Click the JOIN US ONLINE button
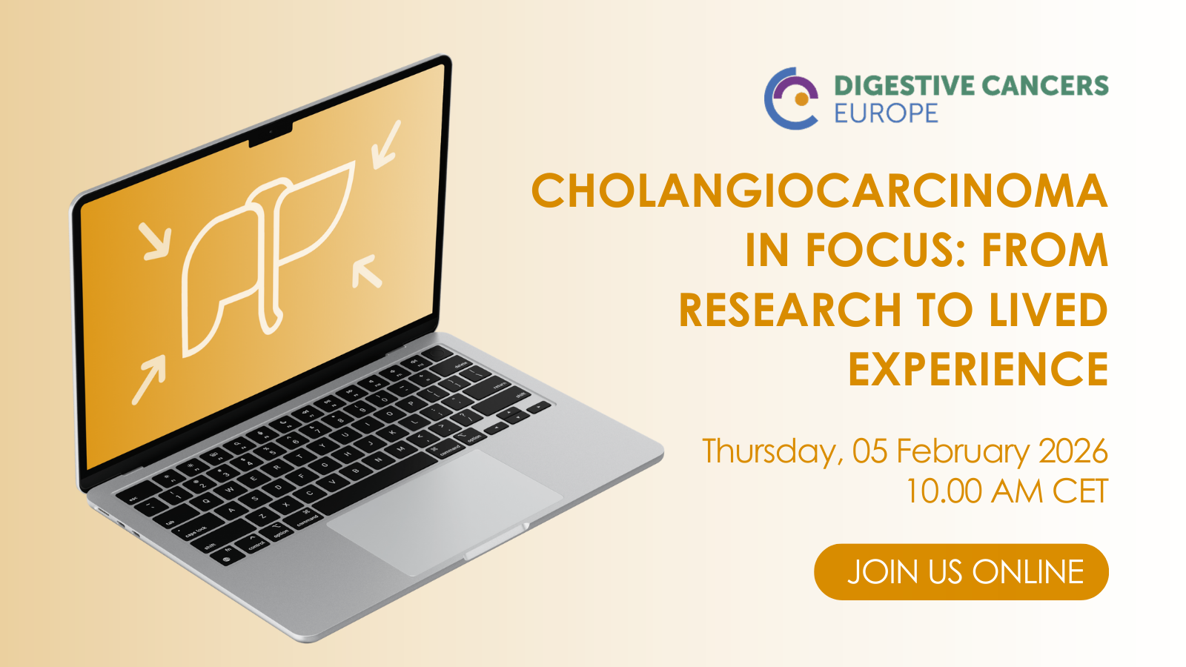point(961,571)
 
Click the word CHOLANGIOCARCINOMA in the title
point(820,190)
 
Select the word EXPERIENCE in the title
point(978,368)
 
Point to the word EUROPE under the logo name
point(887,113)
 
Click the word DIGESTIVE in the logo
point(904,86)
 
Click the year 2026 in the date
point(1073,451)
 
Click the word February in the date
point(963,451)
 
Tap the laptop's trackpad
point(445,512)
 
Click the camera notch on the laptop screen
point(271,134)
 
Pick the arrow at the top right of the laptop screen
point(386,145)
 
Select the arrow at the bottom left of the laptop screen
point(148,379)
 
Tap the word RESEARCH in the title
point(790,310)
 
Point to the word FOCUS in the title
point(889,250)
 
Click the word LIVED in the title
point(1048,310)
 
